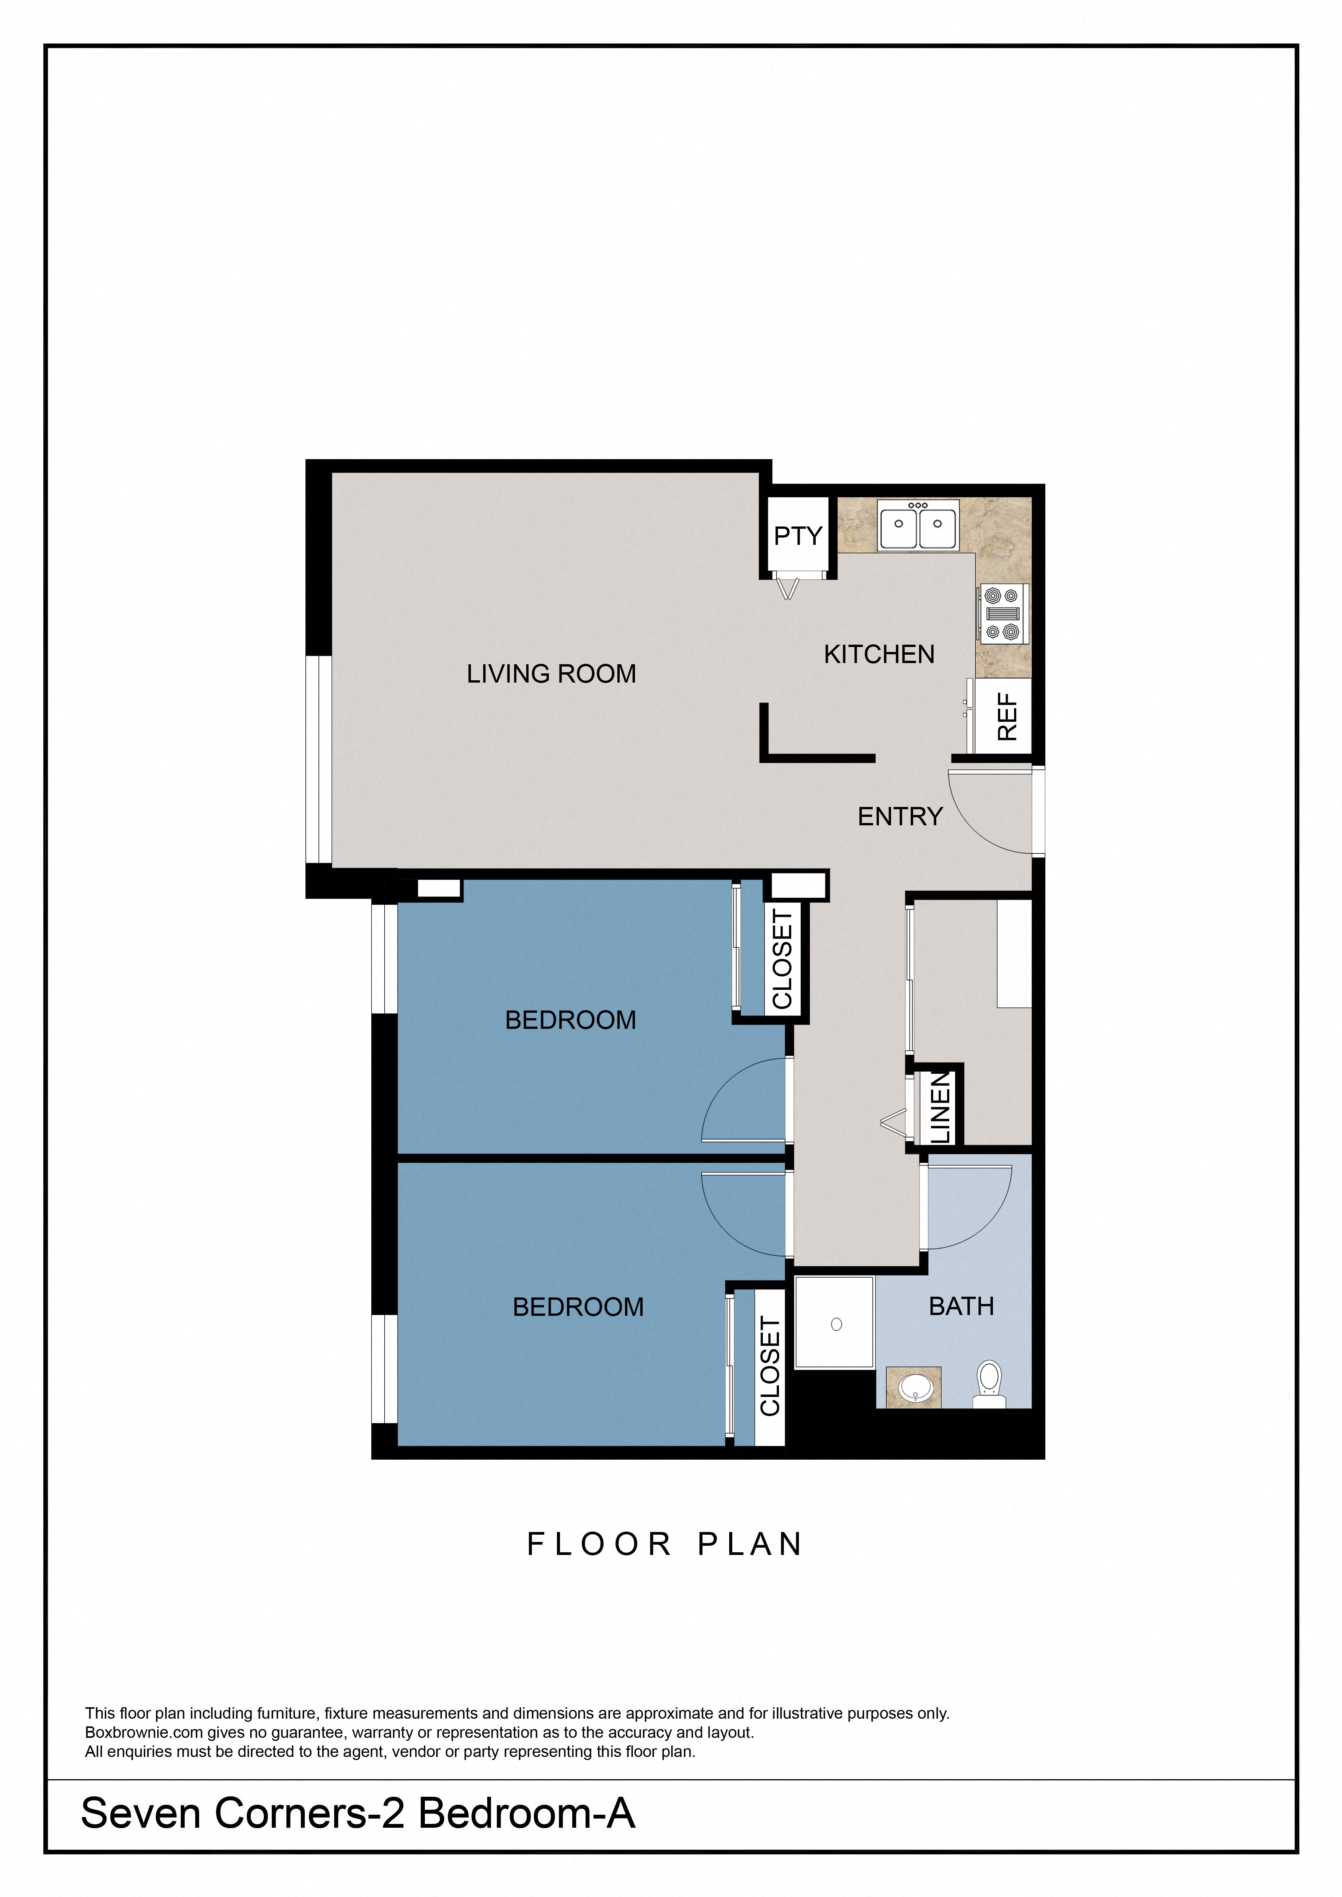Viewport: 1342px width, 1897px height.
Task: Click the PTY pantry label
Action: click(797, 536)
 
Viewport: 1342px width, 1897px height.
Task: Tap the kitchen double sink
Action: click(918, 526)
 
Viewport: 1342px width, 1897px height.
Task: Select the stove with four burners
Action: click(1002, 613)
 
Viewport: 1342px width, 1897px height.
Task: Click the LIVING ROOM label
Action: click(551, 674)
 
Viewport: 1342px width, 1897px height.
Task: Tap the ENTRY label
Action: click(900, 816)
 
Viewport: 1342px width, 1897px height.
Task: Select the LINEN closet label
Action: click(942, 1107)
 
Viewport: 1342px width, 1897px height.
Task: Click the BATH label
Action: click(961, 1306)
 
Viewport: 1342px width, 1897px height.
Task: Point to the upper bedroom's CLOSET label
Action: click(782, 959)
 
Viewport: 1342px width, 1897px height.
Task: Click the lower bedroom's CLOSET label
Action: click(770, 1367)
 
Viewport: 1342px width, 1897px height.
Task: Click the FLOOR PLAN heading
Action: click(665, 1544)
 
